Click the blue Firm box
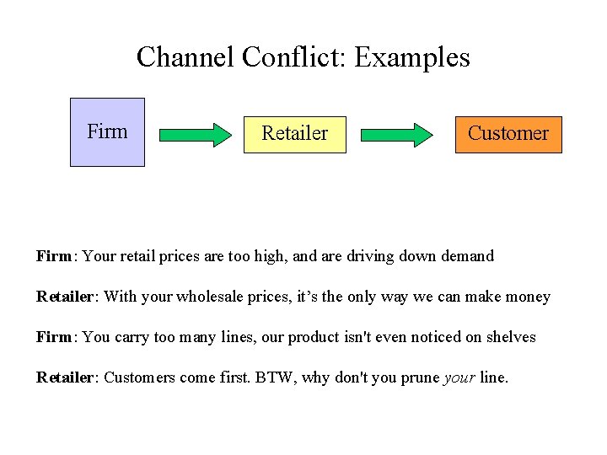pos(107,132)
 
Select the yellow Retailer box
pos(294,134)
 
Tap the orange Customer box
pos(508,134)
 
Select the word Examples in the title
pos(412,57)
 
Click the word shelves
pos(509,337)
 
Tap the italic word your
pos(459,377)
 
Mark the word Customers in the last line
pos(137,377)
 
